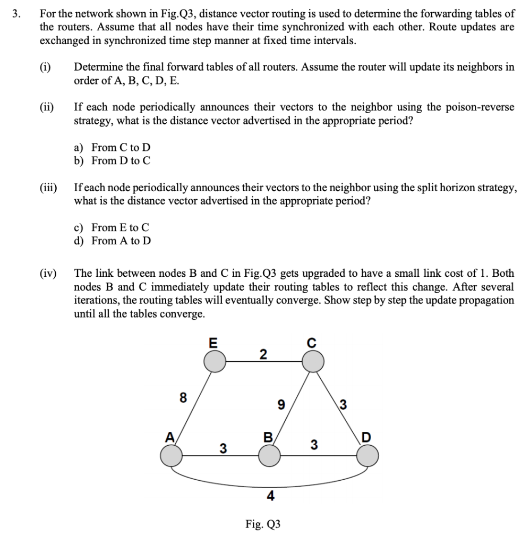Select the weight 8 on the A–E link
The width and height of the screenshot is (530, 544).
pyautogui.click(x=183, y=398)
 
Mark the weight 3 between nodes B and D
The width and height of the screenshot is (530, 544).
pyautogui.click(x=314, y=445)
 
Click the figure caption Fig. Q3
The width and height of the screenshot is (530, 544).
pyautogui.click(x=263, y=525)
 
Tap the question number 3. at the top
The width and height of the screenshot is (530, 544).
pyautogui.click(x=18, y=14)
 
